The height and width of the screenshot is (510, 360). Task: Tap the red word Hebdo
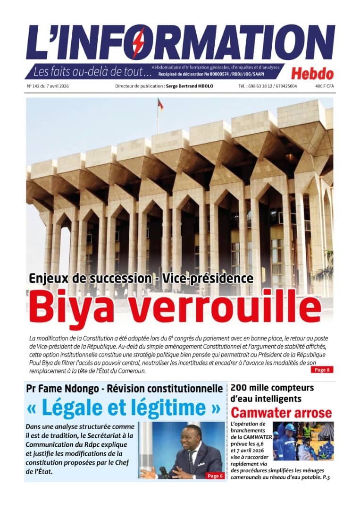(x=312, y=74)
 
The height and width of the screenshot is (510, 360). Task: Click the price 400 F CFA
(x=324, y=86)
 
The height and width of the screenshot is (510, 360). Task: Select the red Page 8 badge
(x=322, y=370)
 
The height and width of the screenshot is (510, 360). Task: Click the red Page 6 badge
(x=215, y=476)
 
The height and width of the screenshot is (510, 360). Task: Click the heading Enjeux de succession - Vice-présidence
(x=141, y=278)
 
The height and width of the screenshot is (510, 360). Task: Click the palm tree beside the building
(x=327, y=269)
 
